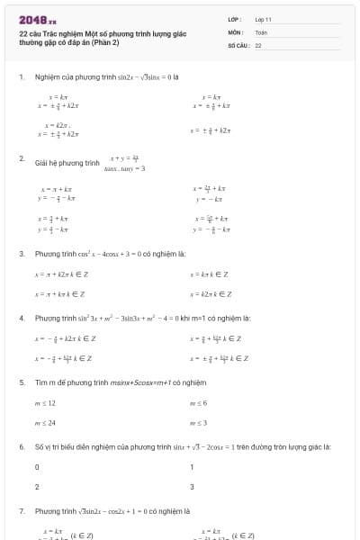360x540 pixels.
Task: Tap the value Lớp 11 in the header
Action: [264, 18]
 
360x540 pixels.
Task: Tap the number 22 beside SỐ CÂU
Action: [258, 44]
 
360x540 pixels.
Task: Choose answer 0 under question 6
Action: [37, 467]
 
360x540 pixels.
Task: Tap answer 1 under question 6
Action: [192, 467]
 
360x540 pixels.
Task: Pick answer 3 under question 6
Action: [192, 486]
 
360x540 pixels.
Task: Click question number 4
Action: [22, 318]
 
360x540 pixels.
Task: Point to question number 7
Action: [22, 510]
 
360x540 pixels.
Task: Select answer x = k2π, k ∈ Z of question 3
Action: [210, 293]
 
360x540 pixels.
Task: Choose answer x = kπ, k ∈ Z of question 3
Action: [209, 274]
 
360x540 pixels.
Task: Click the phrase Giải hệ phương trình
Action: [67, 164]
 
